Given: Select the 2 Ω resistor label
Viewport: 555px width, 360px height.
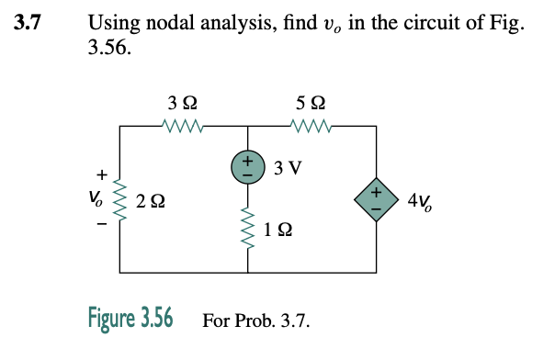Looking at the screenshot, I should (x=151, y=200).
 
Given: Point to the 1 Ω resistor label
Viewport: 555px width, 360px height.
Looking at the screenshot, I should (x=277, y=232).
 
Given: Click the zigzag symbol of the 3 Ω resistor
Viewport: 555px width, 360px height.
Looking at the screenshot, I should (x=182, y=125).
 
